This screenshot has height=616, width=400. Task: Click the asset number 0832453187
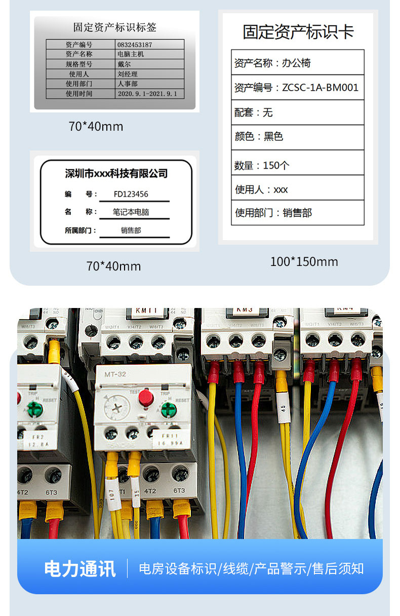coord(134,45)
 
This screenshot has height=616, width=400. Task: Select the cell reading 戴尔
coord(124,64)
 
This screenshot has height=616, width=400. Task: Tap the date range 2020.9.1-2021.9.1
coord(147,94)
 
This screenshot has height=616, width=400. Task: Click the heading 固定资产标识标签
coord(115,27)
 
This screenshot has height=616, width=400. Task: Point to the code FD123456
coord(131,194)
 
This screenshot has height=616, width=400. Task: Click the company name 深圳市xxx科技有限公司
coord(116,174)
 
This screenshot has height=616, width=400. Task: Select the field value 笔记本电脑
coord(131,212)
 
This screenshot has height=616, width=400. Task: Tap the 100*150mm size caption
coord(304,261)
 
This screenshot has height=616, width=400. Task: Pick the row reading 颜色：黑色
coord(298,137)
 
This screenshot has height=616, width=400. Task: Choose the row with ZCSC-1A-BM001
coord(298,87)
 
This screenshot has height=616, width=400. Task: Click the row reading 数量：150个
coord(298,165)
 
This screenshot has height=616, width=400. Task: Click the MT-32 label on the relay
coord(115,374)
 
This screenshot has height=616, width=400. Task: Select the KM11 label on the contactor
coord(146,311)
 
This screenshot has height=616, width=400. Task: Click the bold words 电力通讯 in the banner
coord(80,568)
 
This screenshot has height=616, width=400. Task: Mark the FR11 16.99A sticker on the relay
coord(169,438)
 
